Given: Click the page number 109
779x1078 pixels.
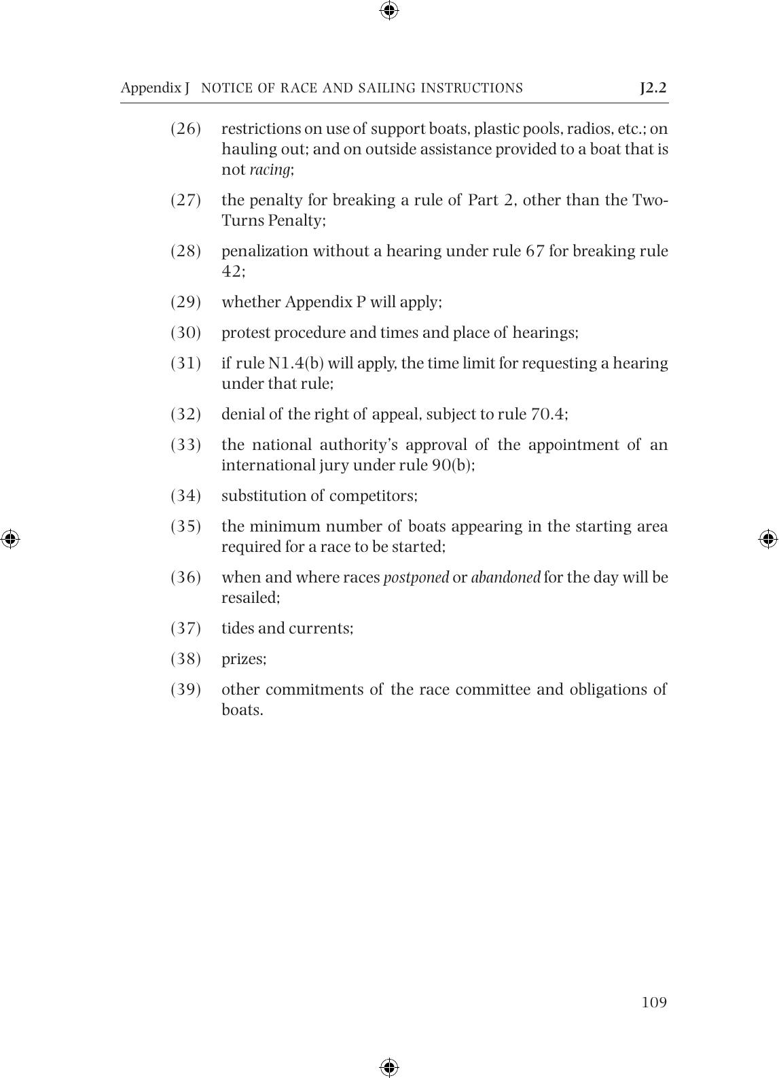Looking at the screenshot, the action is (x=654, y=1003).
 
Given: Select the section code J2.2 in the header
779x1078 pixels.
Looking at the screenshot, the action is (x=653, y=88).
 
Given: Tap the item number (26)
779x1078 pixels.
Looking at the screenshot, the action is (x=185, y=128).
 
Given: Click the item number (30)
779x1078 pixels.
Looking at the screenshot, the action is (x=185, y=332).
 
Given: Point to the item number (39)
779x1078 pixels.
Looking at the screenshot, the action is (x=185, y=689).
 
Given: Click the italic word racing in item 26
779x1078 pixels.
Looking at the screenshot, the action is (x=270, y=170).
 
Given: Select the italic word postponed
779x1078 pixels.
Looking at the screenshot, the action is (x=416, y=578).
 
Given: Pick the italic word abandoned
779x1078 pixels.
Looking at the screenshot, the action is (x=505, y=578).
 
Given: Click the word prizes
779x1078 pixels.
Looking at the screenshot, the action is (x=244, y=659).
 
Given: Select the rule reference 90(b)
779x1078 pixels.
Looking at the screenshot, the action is (x=453, y=465).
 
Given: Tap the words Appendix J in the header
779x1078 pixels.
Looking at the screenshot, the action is (x=155, y=88).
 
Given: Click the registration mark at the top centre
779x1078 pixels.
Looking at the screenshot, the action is (x=389, y=10).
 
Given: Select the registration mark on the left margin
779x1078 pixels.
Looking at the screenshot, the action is (x=10, y=539).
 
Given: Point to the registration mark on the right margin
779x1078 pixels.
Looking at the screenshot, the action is (x=768, y=539).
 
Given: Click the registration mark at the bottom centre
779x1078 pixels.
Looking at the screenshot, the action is (x=389, y=1067).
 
